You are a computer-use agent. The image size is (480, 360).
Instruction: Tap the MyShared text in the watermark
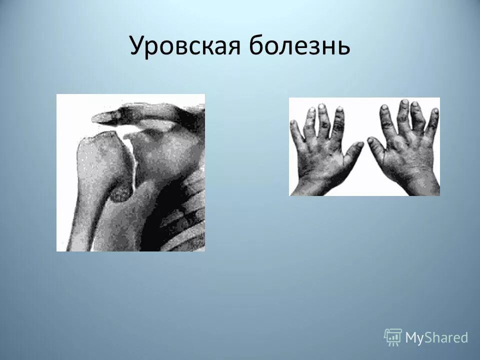tap(436, 338)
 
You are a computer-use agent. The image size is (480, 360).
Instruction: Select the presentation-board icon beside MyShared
tap(393, 337)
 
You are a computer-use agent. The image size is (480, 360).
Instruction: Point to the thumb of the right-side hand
tap(375, 146)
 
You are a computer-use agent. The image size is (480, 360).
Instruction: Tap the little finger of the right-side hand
tap(432, 120)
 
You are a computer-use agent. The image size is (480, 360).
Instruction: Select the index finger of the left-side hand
tap(339, 120)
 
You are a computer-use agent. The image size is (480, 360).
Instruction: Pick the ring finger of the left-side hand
tap(310, 119)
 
